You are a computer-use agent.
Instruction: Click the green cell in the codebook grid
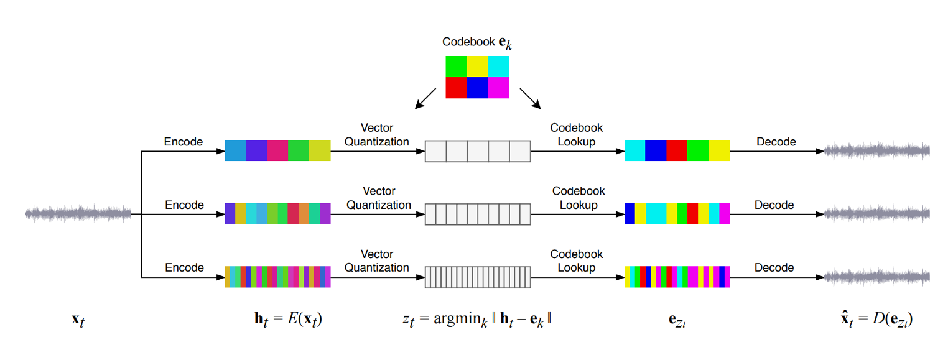[456, 67]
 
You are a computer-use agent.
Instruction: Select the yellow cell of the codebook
[477, 67]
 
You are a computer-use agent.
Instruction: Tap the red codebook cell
[456, 88]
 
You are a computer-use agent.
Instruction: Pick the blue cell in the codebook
[477, 88]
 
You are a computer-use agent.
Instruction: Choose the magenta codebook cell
[498, 88]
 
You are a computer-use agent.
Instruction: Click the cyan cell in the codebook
[498, 67]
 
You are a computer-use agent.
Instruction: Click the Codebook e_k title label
[477, 43]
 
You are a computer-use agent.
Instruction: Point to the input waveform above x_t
[78, 214]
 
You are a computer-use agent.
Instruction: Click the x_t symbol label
[78, 320]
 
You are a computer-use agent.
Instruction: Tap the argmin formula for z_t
[477, 320]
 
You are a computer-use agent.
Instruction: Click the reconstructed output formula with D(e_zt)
[876, 320]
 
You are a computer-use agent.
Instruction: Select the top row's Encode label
[184, 142]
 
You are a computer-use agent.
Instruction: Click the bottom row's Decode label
[774, 268]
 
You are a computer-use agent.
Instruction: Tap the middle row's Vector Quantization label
[378, 198]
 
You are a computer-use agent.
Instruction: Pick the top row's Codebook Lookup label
[577, 134]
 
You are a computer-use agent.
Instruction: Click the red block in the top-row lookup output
[677, 150]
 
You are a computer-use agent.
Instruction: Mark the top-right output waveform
[876, 150]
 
